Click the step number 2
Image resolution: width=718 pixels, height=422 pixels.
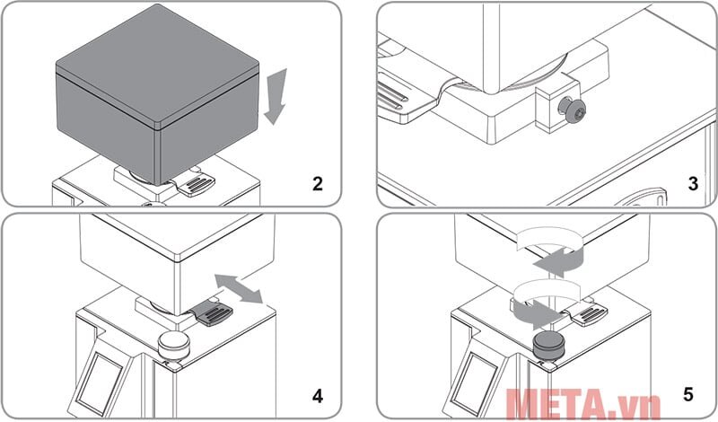(318, 185)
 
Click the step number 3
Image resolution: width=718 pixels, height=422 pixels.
(693, 185)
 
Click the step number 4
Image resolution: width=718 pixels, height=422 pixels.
(318, 394)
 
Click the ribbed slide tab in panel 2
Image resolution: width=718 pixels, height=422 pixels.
(196, 185)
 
